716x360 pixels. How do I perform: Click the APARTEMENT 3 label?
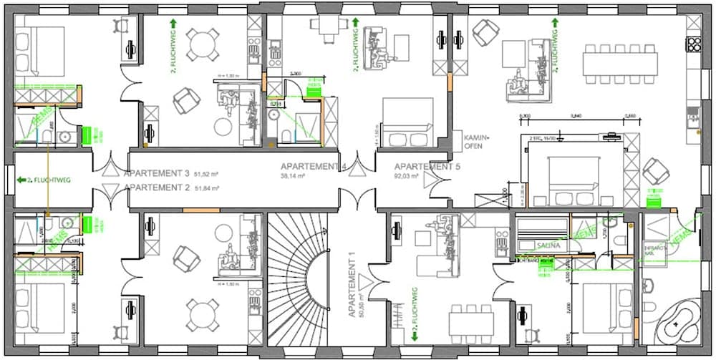[x=157, y=174]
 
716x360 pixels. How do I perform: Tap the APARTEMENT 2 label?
[x=157, y=188]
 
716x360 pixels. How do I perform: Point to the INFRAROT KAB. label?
[x=657, y=248]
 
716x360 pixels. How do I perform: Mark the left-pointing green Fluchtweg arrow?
[x=21, y=180]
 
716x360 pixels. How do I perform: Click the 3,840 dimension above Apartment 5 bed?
[x=574, y=115]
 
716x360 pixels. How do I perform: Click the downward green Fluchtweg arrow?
[x=414, y=336]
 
